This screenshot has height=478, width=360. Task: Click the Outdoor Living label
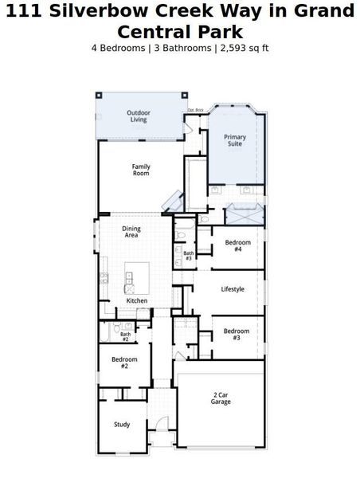[139, 116]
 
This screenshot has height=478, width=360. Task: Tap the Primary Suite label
[235, 141]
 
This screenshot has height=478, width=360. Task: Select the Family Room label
[141, 170]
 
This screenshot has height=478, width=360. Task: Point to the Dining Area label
[131, 233]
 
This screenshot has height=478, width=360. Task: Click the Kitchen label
[137, 300]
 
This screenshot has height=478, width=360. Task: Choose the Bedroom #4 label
[237, 245]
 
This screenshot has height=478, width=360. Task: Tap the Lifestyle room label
[233, 289]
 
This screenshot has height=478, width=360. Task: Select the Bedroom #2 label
[124, 362]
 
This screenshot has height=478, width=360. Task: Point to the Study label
[122, 425]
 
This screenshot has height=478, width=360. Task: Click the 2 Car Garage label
[221, 398]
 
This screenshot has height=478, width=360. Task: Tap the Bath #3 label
[189, 256]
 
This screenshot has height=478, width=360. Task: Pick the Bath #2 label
[125, 337]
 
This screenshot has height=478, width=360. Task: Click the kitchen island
[136, 276]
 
